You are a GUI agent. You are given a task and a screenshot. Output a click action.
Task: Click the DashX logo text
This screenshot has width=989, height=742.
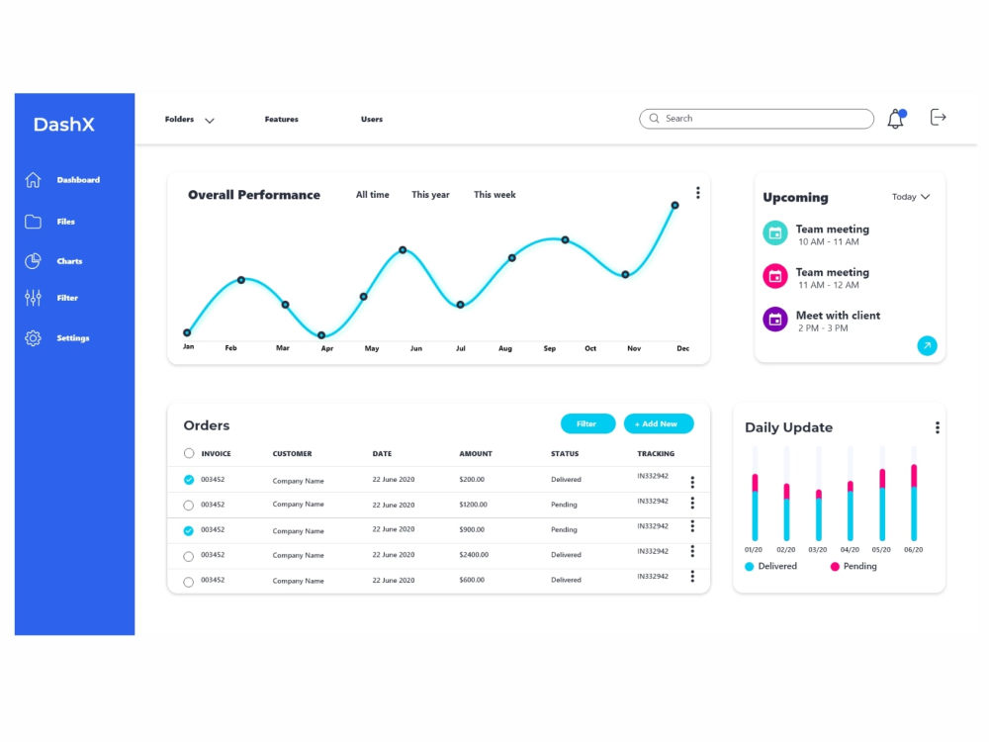[63, 125]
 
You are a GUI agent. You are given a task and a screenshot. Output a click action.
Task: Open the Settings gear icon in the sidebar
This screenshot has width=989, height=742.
[33, 338]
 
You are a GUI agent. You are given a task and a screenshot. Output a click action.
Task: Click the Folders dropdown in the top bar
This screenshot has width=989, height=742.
[189, 120]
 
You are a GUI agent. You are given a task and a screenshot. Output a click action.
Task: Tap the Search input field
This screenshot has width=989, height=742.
[757, 119]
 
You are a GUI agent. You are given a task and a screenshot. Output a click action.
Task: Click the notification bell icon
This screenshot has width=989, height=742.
[896, 119]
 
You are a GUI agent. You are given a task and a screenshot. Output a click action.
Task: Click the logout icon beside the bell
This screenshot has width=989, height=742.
[938, 118]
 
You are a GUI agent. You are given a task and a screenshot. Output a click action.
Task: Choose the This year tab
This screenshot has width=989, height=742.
[431, 195]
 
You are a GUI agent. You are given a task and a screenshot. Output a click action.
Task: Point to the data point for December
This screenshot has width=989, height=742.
[674, 205]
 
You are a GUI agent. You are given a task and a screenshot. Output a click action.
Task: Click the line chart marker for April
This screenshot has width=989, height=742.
[321, 335]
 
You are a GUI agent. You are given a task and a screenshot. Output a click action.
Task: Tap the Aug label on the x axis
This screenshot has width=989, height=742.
[505, 348]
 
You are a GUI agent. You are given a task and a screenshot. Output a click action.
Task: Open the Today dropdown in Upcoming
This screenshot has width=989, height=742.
[911, 197]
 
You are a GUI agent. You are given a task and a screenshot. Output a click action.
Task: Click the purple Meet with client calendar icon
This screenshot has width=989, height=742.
[775, 320]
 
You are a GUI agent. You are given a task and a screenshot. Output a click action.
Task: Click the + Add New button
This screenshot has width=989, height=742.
[659, 424]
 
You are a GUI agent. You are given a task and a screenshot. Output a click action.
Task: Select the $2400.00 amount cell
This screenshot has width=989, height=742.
[474, 555]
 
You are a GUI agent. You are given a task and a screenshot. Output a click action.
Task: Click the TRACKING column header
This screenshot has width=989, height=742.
[656, 454]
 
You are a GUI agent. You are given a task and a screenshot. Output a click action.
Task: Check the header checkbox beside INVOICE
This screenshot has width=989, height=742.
[189, 453]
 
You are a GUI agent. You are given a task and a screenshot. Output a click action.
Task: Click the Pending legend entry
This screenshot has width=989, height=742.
[854, 567]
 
